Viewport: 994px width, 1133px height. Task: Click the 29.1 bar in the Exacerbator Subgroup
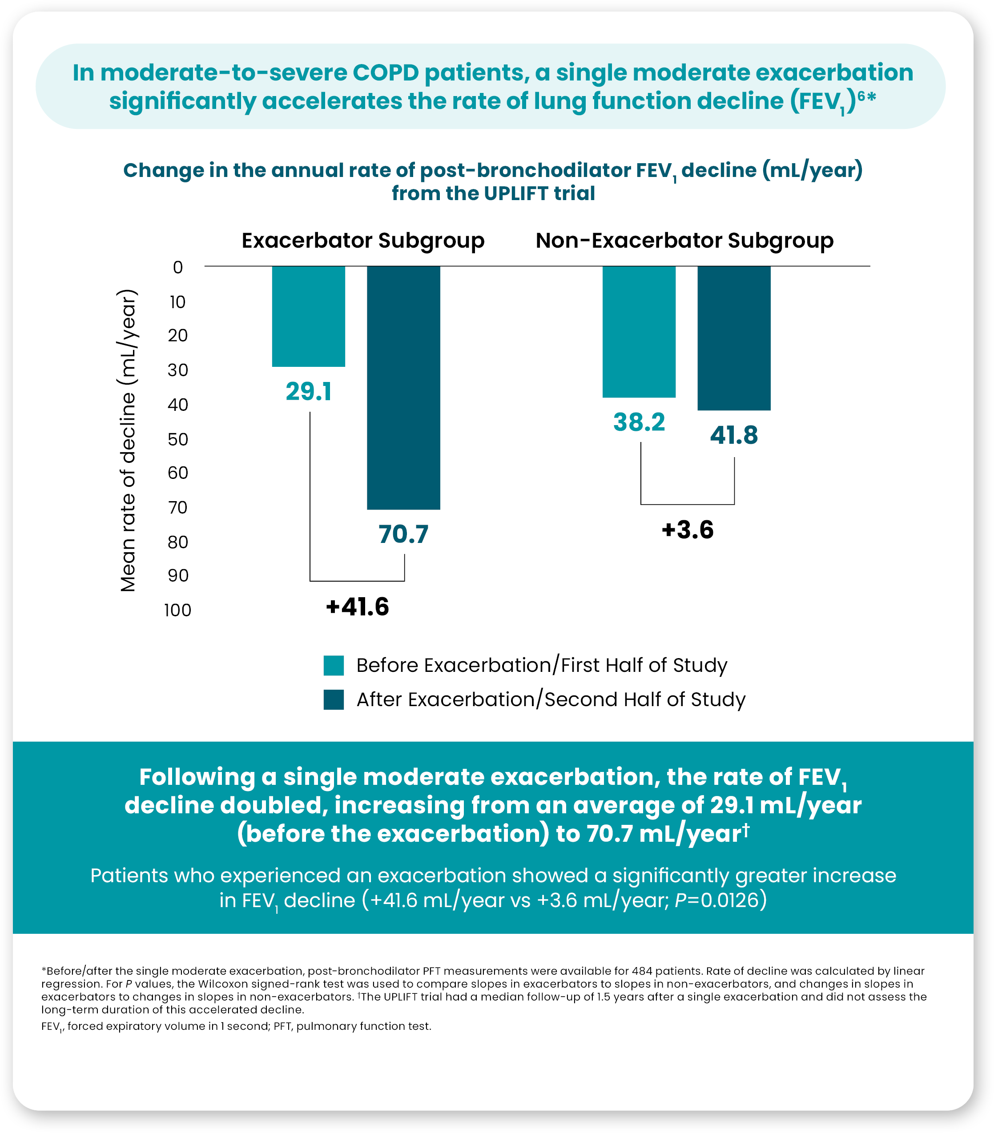click(x=308, y=316)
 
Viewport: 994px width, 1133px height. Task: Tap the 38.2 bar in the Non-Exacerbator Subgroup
click(x=639, y=331)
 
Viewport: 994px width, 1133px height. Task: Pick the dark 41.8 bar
click(x=733, y=338)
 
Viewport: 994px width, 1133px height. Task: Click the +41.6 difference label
click(x=358, y=607)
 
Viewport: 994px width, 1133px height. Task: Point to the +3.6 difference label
click(x=688, y=530)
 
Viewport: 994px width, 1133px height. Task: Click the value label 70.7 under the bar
click(x=403, y=534)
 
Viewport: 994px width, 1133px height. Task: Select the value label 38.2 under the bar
click(x=639, y=422)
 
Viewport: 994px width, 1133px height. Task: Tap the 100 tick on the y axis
click(x=177, y=610)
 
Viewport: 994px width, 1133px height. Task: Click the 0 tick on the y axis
click(x=177, y=267)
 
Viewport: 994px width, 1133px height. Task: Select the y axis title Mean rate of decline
click(x=128, y=441)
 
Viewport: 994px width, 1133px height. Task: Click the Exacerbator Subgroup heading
click(x=363, y=241)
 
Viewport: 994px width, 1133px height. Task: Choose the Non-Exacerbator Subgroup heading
click(x=684, y=241)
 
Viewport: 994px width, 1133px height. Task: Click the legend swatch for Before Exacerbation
click(x=334, y=665)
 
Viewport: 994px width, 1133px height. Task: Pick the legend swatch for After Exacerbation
click(x=334, y=699)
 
